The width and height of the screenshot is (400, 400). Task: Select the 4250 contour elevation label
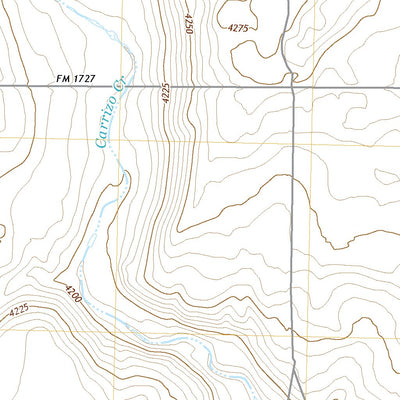[x=186, y=26]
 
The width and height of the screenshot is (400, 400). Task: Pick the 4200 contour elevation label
[x=73, y=295]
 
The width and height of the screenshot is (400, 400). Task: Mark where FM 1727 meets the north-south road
[x=291, y=88]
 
